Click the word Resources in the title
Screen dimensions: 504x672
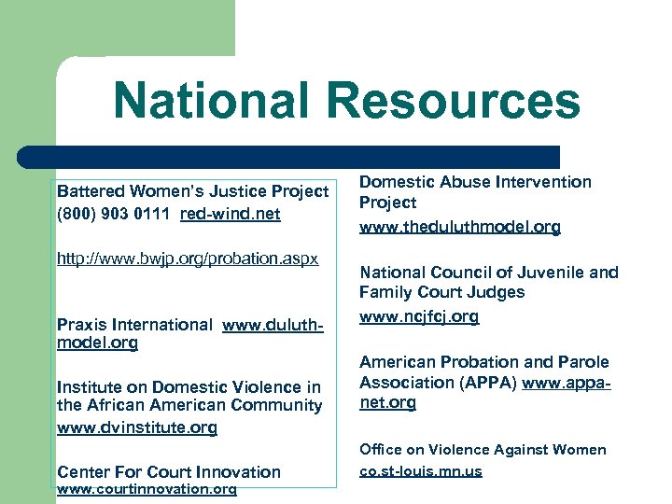(x=458, y=100)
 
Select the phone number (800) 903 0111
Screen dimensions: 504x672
(x=113, y=215)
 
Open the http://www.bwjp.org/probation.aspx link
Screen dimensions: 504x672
(x=188, y=257)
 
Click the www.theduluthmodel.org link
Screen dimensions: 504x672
(x=460, y=227)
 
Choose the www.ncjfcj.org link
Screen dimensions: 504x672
(x=419, y=316)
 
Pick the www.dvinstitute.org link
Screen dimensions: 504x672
(x=137, y=427)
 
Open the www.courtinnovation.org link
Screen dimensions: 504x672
(x=147, y=489)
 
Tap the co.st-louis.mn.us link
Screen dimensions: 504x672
(x=420, y=470)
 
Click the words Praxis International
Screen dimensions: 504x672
(x=134, y=325)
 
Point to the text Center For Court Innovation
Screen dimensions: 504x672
(x=168, y=472)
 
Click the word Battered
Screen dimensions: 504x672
(x=91, y=191)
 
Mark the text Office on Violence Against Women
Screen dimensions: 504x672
(x=483, y=450)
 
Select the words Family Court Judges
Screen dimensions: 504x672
(x=441, y=293)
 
